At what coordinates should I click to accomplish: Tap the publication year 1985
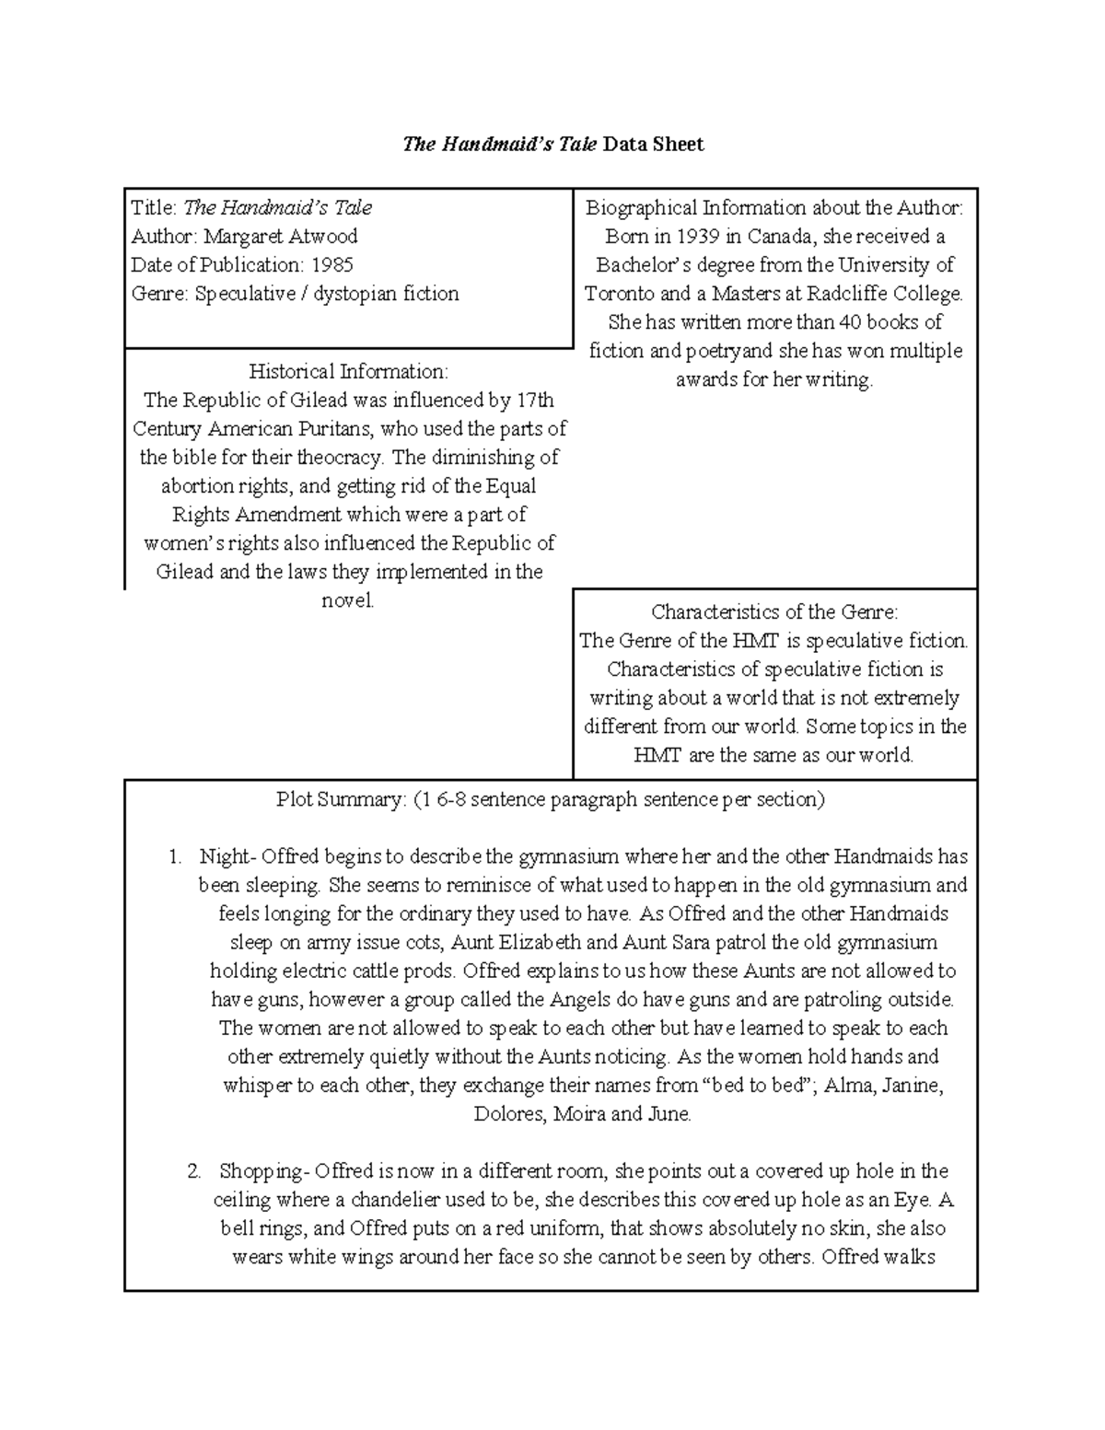331,265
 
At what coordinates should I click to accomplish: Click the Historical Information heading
348,371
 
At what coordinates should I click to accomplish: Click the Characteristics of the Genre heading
773,612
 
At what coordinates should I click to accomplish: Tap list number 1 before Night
175,857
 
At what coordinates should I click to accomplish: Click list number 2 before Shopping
193,1172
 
